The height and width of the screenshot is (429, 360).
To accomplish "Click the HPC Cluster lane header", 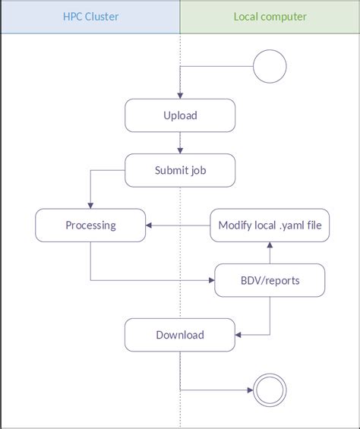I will click(90, 16).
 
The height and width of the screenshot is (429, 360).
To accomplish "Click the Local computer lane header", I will click(270, 16).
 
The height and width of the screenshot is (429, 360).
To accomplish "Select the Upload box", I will click(180, 115).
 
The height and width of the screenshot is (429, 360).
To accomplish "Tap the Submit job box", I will click(180, 171).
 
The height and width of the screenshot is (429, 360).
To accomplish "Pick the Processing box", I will click(90, 225).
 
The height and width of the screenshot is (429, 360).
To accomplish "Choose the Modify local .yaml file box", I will click(270, 225).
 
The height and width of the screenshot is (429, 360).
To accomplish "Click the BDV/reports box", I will click(270, 280).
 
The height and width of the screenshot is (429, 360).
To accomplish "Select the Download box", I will click(180, 335).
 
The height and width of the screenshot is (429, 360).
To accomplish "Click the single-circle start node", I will click(270, 67).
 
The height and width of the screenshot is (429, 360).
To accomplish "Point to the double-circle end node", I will click(270, 391).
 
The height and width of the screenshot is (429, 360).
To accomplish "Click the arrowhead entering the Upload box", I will click(180, 96).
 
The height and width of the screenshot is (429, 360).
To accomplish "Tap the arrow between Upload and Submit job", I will click(180, 144).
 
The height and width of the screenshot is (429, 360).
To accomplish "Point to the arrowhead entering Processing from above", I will click(90, 205).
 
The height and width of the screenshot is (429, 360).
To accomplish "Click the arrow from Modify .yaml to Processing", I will click(178, 225).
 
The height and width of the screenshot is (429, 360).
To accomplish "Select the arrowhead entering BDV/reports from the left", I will click(212, 280).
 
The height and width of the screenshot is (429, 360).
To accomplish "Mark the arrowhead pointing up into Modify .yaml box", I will click(270, 245).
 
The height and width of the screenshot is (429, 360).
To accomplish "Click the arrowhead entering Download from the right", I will click(238, 335).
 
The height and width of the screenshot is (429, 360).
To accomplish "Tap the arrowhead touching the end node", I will click(251, 391).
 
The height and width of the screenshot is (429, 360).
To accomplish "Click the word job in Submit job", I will click(198, 171).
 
